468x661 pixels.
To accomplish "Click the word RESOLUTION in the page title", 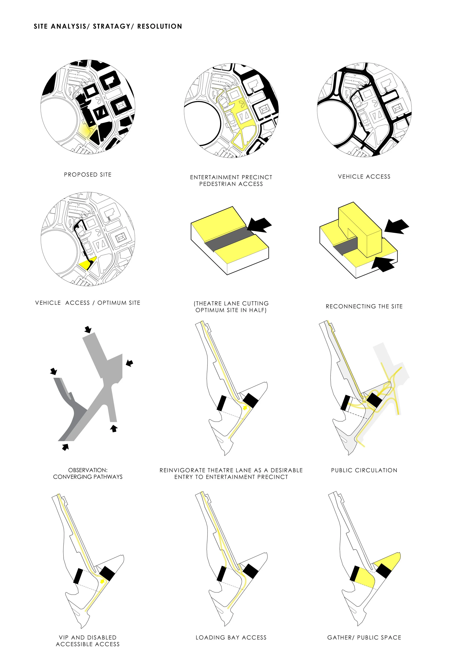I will pyautogui.click(x=160, y=27).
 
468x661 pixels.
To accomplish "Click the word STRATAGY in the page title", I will pyautogui.click(x=112, y=27).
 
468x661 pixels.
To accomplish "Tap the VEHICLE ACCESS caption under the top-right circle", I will pyautogui.click(x=364, y=177).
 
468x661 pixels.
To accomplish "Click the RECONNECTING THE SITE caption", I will pyautogui.click(x=364, y=306).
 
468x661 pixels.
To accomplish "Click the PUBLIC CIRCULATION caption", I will pyautogui.click(x=364, y=470).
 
